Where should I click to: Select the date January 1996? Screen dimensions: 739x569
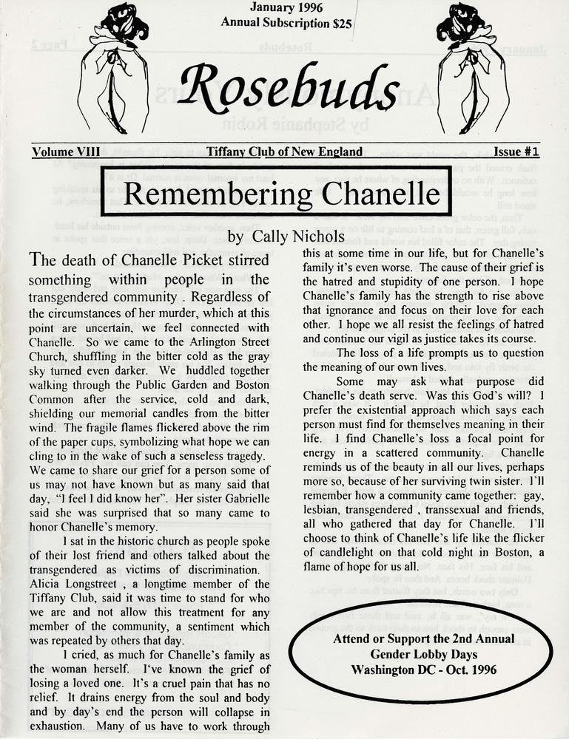pos(286,8)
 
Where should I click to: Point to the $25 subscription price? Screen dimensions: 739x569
pos(342,23)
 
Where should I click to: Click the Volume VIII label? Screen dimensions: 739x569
pos(66,152)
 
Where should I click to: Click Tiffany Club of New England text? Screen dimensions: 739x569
pos(285,152)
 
